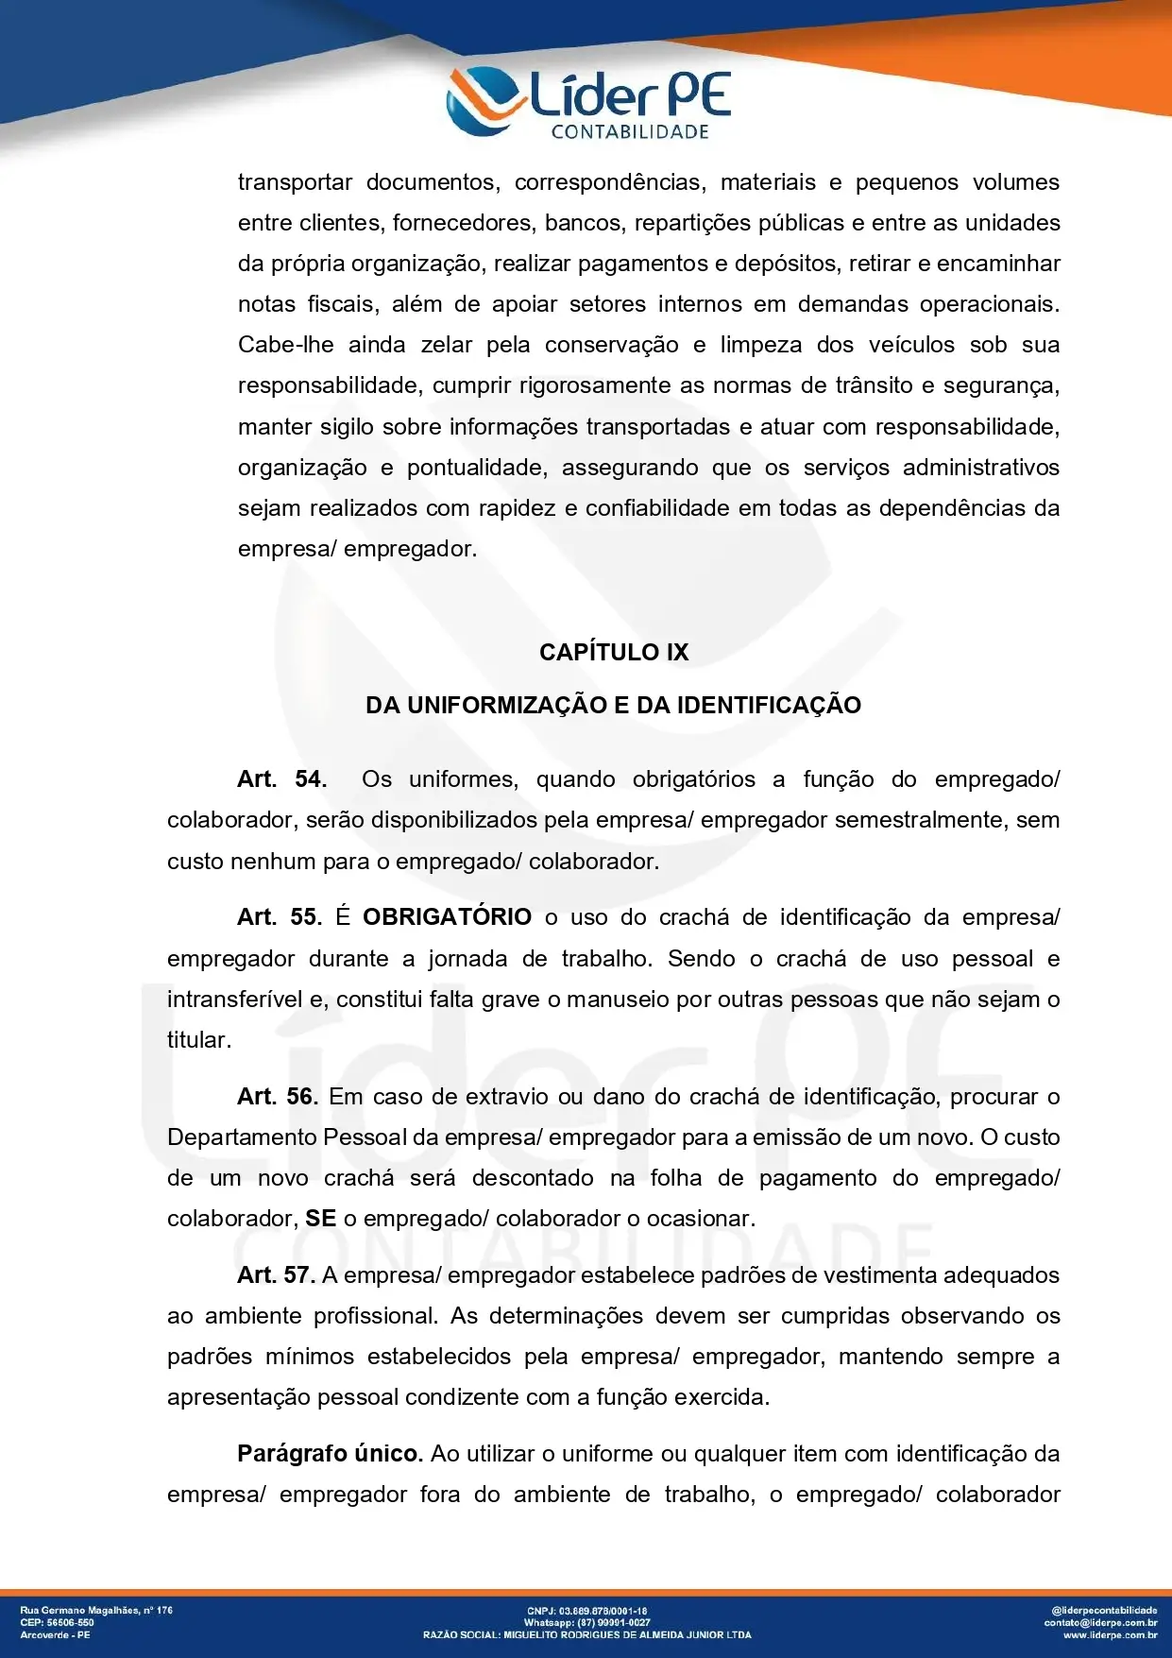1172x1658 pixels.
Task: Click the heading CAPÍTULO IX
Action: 614,652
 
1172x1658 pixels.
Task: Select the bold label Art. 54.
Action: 281,779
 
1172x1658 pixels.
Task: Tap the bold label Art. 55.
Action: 280,917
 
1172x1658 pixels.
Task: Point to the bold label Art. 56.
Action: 278,1097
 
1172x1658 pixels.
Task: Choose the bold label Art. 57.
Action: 276,1275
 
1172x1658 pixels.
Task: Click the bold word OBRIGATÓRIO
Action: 447,917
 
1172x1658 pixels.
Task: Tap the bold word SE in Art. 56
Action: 320,1219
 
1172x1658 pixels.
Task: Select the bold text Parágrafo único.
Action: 330,1454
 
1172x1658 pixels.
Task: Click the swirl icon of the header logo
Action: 484,100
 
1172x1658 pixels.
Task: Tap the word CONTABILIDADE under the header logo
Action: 630,132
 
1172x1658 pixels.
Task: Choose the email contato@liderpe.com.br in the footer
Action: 1100,1622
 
